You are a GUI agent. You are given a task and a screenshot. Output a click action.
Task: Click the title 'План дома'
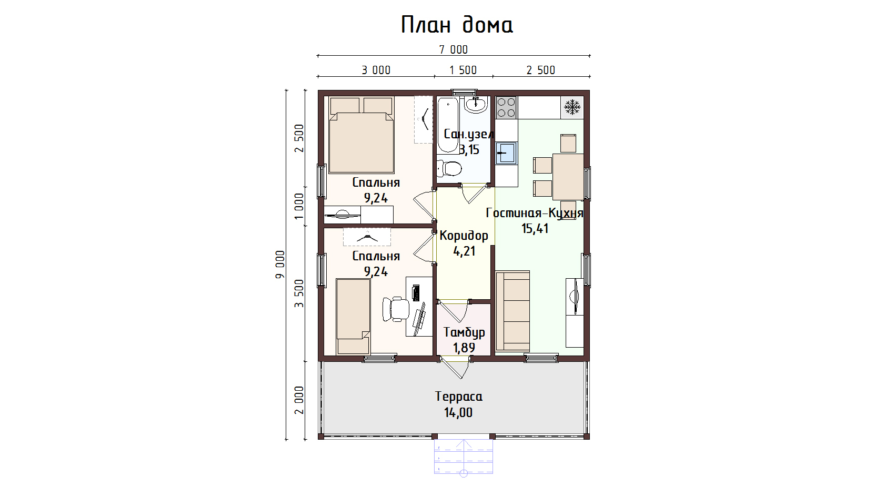[457, 24]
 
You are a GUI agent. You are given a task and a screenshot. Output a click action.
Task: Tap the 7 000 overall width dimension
[454, 49]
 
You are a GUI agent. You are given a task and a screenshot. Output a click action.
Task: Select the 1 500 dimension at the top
[463, 70]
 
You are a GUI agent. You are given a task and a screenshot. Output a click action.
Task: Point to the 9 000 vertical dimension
[280, 265]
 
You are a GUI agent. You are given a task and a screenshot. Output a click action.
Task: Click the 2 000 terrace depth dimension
[299, 400]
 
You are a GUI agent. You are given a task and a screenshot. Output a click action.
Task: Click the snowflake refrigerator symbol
[572, 107]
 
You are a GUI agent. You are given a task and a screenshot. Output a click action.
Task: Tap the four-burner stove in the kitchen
[506, 107]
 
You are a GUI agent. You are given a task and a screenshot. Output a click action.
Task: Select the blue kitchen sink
[506, 153]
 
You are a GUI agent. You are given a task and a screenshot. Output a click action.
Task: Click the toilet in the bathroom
[449, 169]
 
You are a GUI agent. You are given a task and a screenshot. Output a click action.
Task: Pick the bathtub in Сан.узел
[448, 125]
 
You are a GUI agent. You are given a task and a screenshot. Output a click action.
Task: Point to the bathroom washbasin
[476, 105]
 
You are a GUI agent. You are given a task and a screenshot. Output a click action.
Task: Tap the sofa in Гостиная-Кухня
[513, 311]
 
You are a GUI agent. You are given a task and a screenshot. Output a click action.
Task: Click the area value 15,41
[535, 228]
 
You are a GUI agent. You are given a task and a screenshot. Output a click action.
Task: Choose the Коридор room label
[464, 236]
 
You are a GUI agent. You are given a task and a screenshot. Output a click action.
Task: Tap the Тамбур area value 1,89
[464, 348]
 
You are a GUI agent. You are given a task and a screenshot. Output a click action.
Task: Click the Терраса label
[459, 397]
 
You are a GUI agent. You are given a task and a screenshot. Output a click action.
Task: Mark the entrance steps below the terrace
[464, 457]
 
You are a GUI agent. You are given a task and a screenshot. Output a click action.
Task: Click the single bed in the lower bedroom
[353, 317]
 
